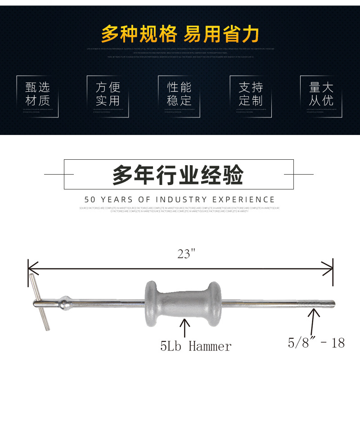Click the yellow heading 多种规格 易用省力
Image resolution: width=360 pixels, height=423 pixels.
[180, 34]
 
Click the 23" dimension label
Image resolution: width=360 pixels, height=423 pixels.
[187, 254]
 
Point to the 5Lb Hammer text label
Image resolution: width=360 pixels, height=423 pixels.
[196, 346]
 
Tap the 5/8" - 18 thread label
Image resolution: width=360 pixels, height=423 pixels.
[316, 343]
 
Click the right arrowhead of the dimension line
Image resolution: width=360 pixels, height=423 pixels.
[329, 269]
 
